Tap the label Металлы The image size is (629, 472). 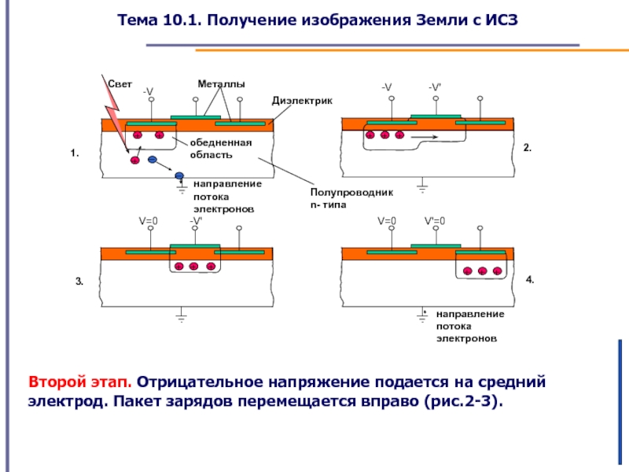[221, 83]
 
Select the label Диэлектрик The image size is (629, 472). [303, 101]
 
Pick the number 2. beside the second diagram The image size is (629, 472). [528, 148]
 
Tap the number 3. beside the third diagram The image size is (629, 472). [79, 280]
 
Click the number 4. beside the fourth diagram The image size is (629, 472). [530, 279]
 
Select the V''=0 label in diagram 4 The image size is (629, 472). [435, 221]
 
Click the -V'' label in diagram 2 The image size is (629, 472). [436, 87]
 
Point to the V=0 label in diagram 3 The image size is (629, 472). [149, 221]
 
